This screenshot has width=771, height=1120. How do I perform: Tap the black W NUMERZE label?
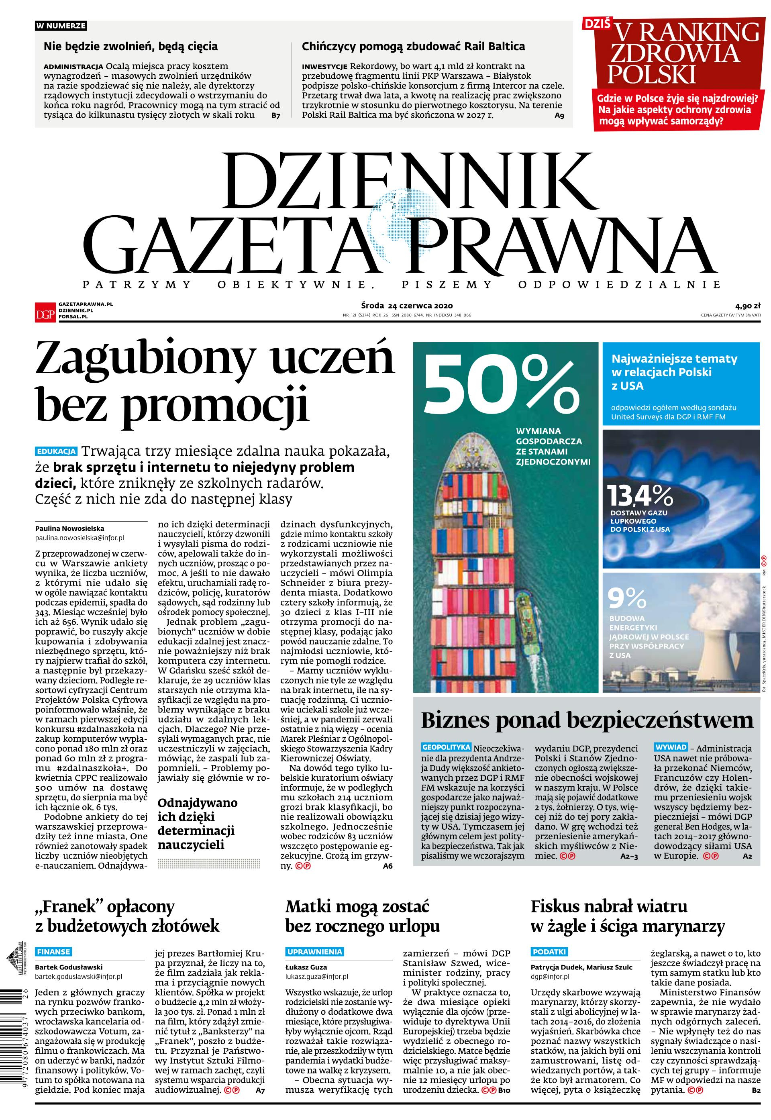pyautogui.click(x=61, y=26)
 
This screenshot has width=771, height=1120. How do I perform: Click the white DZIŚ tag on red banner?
pyautogui.click(x=598, y=23)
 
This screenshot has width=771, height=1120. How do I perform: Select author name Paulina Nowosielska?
pyautogui.click(x=69, y=528)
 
